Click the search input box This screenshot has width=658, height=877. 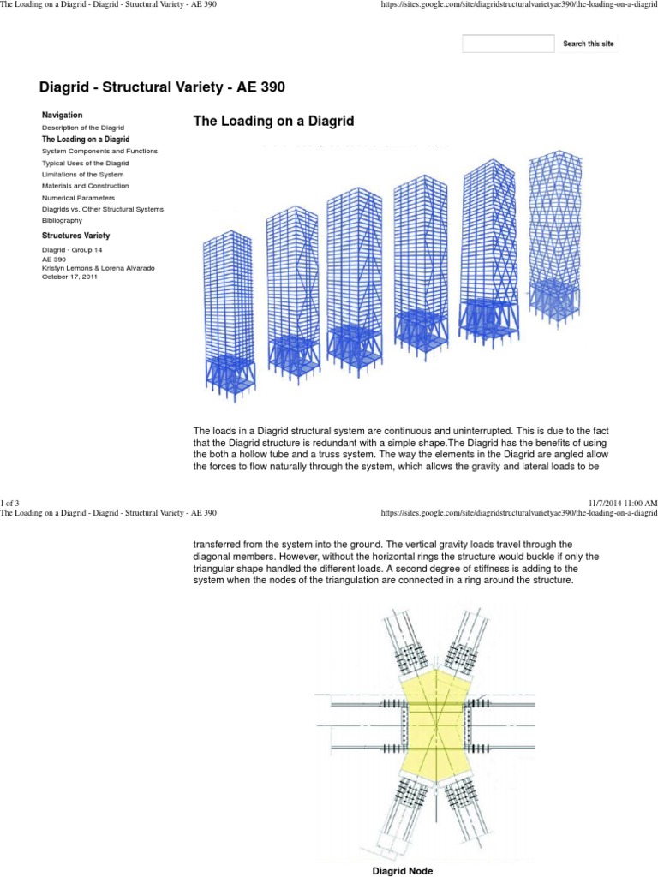pos(508,44)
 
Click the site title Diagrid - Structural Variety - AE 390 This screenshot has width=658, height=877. pos(162,87)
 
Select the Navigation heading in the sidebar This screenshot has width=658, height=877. pos(63,115)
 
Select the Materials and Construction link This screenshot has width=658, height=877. pos(86,186)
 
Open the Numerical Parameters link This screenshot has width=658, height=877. pos(78,198)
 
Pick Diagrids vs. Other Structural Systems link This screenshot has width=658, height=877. pos(103,209)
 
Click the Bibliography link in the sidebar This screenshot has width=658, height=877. pos(63,221)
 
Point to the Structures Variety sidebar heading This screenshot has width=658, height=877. pos(76,235)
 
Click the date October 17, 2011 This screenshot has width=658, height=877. pos(70,276)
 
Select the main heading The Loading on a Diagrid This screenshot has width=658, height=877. pos(273,122)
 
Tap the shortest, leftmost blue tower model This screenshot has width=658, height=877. pos(229,316)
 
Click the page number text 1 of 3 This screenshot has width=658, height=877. pos(12,501)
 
